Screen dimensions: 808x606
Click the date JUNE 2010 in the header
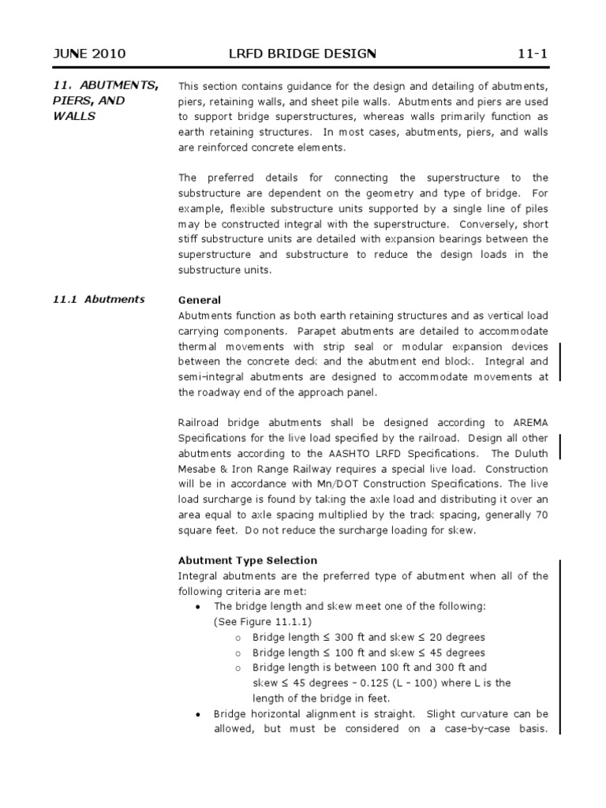(x=88, y=54)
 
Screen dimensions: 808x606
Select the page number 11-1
(x=532, y=54)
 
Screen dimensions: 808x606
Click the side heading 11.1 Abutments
(x=99, y=299)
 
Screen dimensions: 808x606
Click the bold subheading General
(x=200, y=300)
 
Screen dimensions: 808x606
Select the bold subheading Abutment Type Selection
(x=248, y=560)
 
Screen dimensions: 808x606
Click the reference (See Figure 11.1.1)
(x=261, y=621)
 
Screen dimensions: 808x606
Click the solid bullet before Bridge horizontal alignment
(x=197, y=713)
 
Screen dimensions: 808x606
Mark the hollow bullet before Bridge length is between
(x=238, y=668)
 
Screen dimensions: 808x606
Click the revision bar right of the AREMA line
(x=560, y=446)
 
